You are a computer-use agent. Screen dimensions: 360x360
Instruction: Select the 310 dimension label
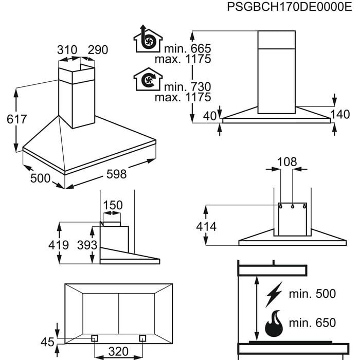[x=67, y=50]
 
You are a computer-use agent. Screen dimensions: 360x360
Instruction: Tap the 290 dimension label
[x=98, y=50]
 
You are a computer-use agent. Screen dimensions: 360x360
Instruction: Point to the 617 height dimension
[x=16, y=119]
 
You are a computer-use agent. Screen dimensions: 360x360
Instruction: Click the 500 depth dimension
[x=41, y=178]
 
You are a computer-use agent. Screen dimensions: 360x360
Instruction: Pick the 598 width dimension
[x=116, y=174]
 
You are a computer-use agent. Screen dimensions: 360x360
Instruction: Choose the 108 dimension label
[x=286, y=162]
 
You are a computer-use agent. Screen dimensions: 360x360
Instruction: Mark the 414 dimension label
[x=206, y=227]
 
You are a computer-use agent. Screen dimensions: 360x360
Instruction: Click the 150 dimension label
[x=113, y=206]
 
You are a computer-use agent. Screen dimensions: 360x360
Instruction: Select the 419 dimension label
[x=58, y=245]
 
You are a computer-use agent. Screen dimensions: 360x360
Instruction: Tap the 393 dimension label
[x=87, y=245]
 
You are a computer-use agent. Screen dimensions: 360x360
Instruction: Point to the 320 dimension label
[x=118, y=352]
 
